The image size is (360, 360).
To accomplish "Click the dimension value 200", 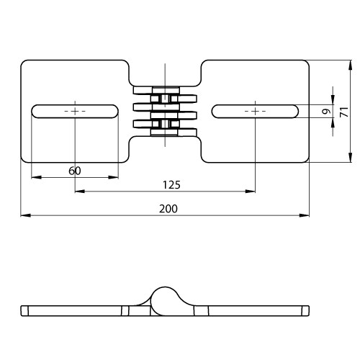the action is [x=168, y=209].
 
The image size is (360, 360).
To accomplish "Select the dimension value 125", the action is [x=171, y=185].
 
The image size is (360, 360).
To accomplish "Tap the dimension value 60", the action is [x=75, y=171].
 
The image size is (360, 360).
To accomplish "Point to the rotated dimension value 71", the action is [x=344, y=112].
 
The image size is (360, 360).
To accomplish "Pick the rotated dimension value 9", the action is [x=326, y=112].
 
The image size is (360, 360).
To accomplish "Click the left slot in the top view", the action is [x=75, y=112].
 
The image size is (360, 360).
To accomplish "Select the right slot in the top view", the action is [x=255, y=112].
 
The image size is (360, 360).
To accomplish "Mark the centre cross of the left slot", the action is [x=75, y=112].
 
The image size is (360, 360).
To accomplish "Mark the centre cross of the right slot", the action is [x=255, y=112].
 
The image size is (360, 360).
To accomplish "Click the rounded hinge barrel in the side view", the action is [x=165, y=301].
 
